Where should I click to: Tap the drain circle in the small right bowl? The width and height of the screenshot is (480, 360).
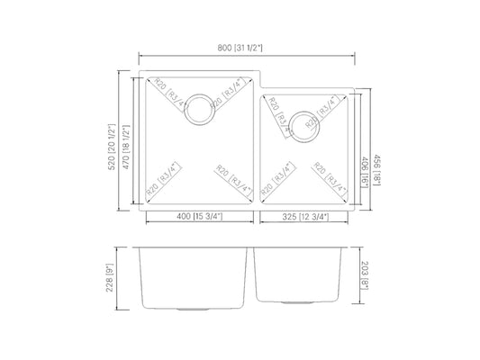pyautogui.click(x=303, y=123)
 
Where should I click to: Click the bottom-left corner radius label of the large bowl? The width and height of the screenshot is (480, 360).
pyautogui.click(x=163, y=181)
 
